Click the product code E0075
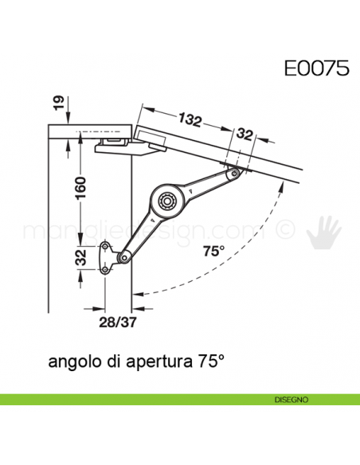[x=316, y=68]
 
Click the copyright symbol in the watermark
[x=283, y=232]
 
